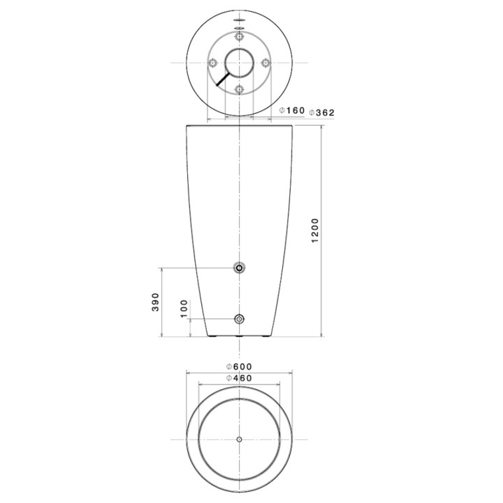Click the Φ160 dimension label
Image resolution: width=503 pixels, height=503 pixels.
(x=291, y=110)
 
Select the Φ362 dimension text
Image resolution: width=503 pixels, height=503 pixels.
(x=321, y=112)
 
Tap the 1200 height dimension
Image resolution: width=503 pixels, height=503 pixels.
(x=315, y=231)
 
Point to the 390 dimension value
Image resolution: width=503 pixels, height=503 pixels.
(x=156, y=302)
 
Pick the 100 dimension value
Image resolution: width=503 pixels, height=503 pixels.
(x=184, y=309)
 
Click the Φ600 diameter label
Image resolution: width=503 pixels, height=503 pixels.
(x=239, y=366)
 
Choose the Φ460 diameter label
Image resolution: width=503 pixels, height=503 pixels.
(x=239, y=378)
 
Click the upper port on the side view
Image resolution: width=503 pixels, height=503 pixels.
(x=240, y=268)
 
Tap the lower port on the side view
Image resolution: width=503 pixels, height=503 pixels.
(x=240, y=319)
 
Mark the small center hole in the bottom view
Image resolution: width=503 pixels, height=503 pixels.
(x=240, y=439)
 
